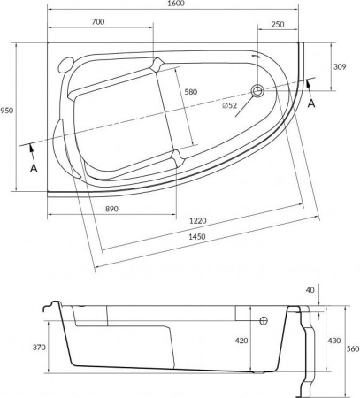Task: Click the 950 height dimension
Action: pyautogui.click(x=8, y=112)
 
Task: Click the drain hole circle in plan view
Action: pyautogui.click(x=257, y=90)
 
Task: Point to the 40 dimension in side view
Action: pyautogui.click(x=309, y=290)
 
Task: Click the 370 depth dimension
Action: pyautogui.click(x=37, y=348)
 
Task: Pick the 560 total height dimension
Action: pyautogui.click(x=352, y=350)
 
